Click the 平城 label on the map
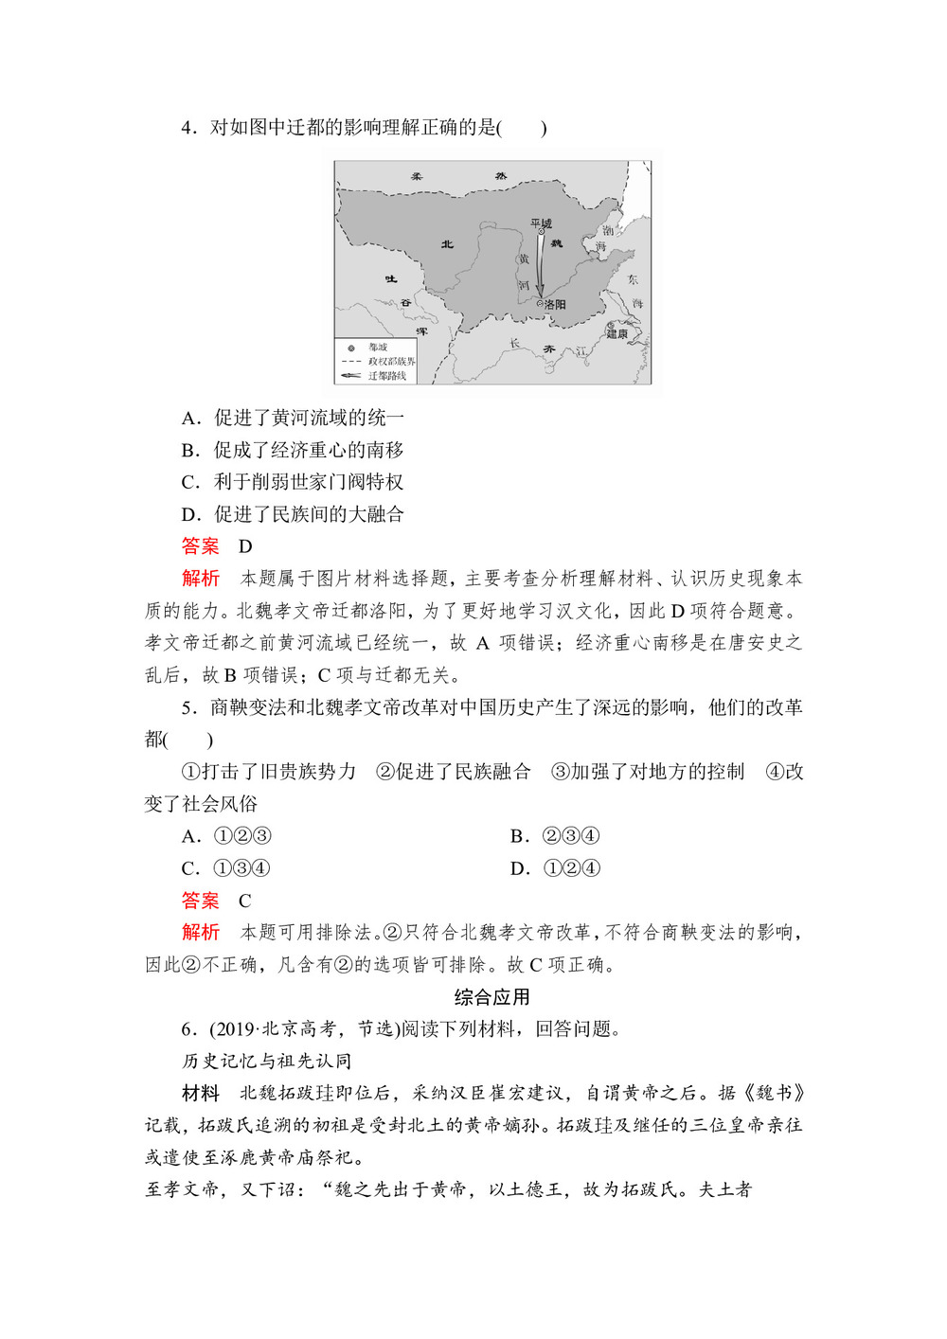(541, 223)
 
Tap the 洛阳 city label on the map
(555, 305)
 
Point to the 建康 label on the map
(617, 333)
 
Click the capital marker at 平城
(541, 232)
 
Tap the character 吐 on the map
(391, 279)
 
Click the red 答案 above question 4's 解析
(200, 546)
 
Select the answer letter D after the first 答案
(245, 546)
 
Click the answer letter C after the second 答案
(244, 901)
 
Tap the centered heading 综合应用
(491, 997)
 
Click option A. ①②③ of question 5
(227, 836)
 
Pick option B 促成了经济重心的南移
(293, 450)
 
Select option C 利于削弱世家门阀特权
(293, 482)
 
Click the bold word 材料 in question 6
(200, 1094)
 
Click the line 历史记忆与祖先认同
(266, 1062)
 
